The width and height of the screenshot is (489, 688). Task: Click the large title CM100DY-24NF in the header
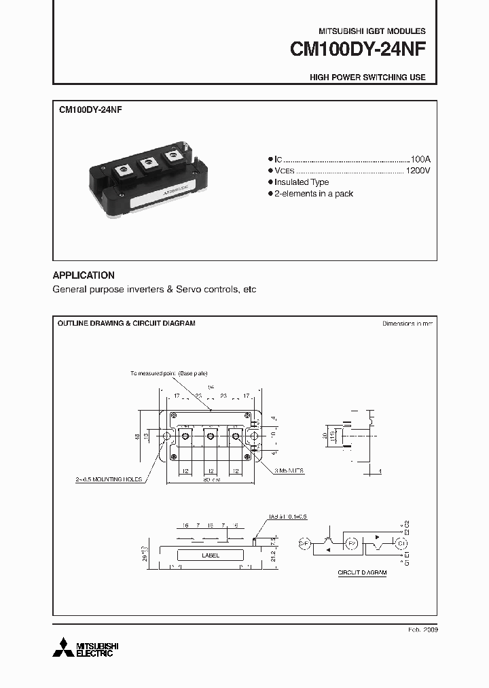[358, 50]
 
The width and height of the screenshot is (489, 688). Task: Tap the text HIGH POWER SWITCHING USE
[367, 78]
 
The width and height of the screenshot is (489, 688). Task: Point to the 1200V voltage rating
[417, 170]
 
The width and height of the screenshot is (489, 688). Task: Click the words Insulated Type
[302, 182]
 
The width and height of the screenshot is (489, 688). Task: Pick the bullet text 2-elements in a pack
[313, 194]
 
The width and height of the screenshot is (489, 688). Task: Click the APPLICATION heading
[84, 275]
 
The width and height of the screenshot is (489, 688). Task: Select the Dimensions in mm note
[407, 324]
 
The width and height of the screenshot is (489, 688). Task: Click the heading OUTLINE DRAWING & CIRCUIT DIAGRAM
[126, 324]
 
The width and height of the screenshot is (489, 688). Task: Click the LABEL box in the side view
[211, 555]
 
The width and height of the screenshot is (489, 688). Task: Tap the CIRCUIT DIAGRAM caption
[362, 573]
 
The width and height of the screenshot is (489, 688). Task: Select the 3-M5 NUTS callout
[291, 470]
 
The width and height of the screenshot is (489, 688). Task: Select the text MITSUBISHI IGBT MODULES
[372, 31]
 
